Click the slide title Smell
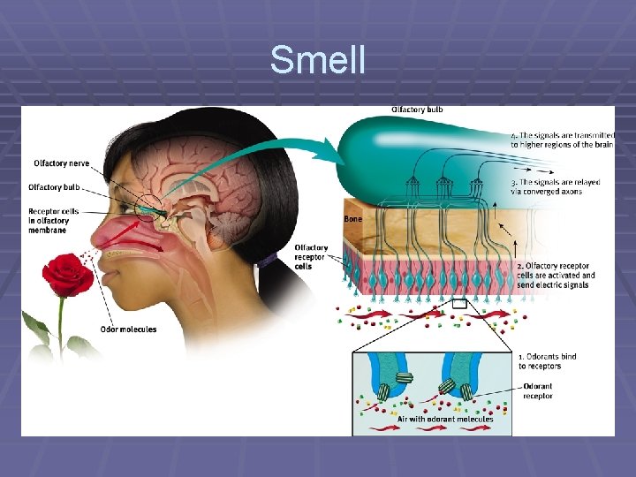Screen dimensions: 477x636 pos(317,60)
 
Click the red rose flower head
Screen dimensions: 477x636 pos(67,276)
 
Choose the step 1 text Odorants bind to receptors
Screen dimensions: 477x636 pos(548,361)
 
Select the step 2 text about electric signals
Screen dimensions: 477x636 pos(556,275)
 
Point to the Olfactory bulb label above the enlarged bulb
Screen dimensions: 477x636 pos(417,110)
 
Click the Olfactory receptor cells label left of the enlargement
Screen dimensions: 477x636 pos(312,257)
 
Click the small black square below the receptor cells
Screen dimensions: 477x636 pos(458,304)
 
